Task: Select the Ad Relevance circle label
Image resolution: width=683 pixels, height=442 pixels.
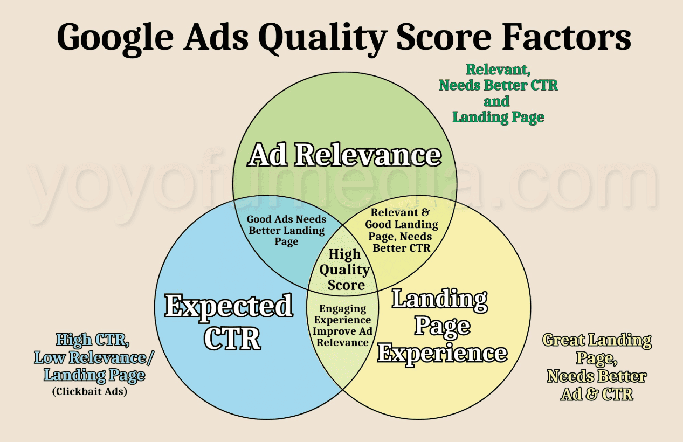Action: coord(344,155)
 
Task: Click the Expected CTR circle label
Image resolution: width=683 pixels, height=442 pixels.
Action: coord(229,322)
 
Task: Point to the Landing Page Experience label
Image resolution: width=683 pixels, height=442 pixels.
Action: coord(441,326)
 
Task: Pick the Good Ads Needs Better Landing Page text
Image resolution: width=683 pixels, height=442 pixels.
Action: coord(286,230)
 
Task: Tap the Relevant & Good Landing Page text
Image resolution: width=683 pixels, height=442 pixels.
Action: coord(401,230)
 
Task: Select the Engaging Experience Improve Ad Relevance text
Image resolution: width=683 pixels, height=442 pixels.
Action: coord(342,326)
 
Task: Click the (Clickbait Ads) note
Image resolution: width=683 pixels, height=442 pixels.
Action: coord(89,392)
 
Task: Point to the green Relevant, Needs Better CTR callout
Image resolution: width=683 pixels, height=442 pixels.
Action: coord(498,93)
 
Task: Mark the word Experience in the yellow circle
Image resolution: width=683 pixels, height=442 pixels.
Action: coord(441,354)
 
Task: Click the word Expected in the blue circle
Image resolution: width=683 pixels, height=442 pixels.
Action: coord(229,306)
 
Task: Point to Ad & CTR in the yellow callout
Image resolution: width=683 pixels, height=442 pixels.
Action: coord(597,395)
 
